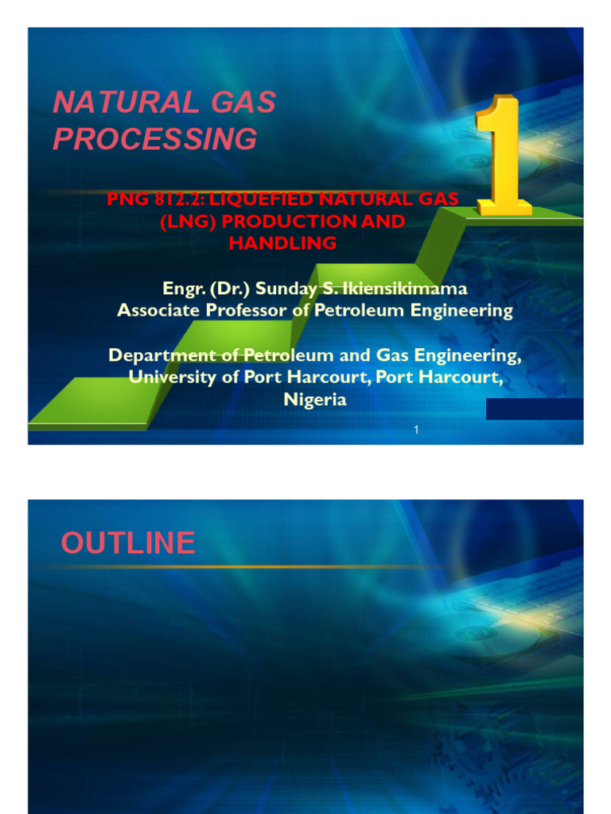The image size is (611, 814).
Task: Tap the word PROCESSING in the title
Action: (x=155, y=139)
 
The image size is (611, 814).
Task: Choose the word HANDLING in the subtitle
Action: (x=282, y=242)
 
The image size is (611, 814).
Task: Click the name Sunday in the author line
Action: (x=282, y=288)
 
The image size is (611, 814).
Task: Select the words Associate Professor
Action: (x=202, y=310)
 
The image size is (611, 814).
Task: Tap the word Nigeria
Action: (x=315, y=400)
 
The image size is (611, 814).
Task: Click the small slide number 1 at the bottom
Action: (x=416, y=430)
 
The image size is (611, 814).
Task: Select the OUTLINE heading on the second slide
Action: (x=128, y=543)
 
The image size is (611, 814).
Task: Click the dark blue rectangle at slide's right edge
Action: (x=534, y=409)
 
